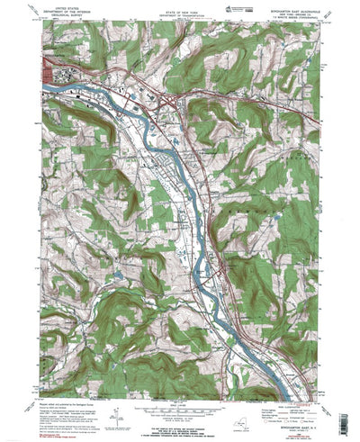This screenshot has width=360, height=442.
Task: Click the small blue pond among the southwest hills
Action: [117, 270]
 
